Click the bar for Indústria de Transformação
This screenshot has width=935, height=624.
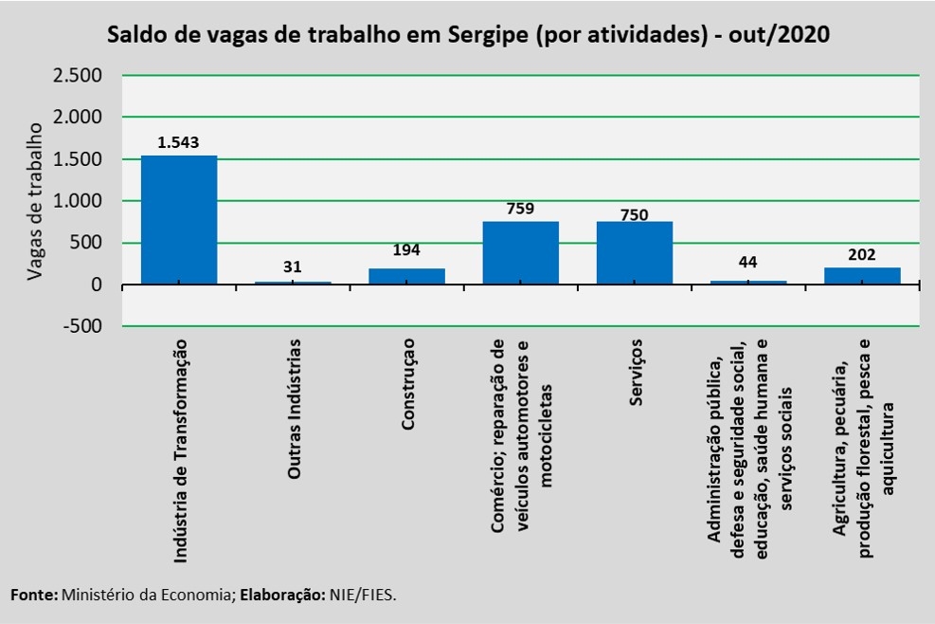tap(179, 220)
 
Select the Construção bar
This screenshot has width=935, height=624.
tap(406, 277)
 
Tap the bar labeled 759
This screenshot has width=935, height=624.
tap(521, 253)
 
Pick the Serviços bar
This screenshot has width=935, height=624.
tap(635, 253)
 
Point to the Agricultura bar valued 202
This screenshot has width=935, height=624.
tap(862, 276)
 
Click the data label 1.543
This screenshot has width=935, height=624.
tap(178, 142)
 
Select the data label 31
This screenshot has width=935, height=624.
tap(292, 266)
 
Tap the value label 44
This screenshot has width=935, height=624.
tap(747, 262)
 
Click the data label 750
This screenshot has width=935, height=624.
tap(634, 214)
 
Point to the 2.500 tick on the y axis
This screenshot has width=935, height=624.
tap(78, 76)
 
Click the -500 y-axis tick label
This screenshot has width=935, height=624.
tap(81, 326)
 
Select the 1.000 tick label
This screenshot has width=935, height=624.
tap(78, 201)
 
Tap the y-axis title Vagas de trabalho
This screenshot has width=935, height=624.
tap(35, 201)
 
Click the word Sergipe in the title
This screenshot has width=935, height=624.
tap(488, 35)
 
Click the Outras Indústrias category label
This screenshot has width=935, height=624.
tap(294, 409)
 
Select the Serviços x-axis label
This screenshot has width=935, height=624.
tap(636, 372)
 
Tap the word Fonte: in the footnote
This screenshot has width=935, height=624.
tap(35, 595)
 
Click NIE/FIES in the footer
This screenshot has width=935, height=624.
tap(363, 595)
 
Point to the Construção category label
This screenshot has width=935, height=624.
tap(407, 384)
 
